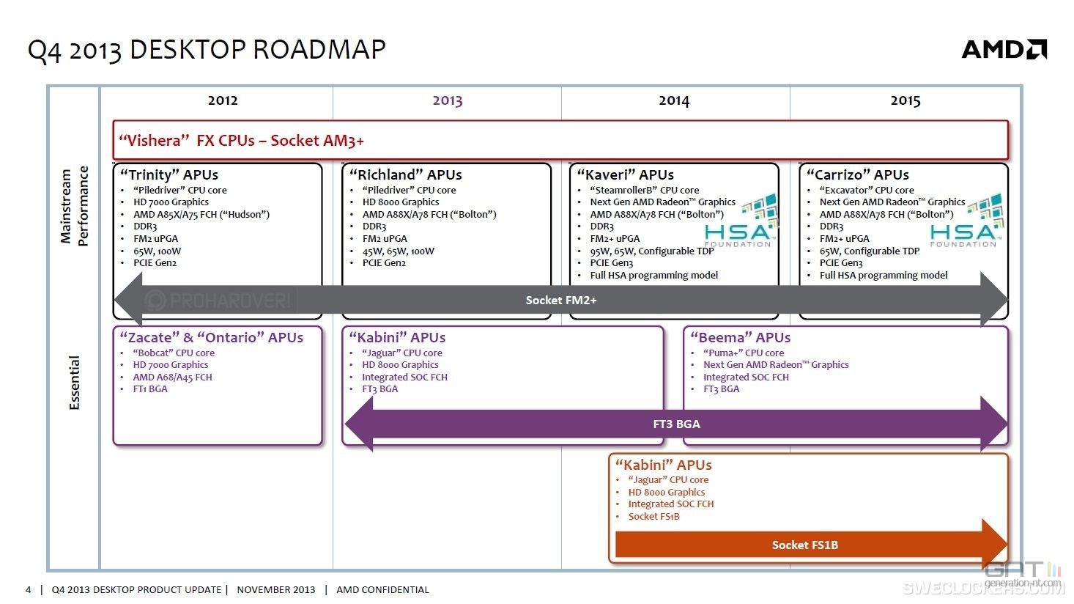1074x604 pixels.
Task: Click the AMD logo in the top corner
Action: tap(1004, 49)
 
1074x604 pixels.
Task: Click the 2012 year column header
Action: tap(223, 100)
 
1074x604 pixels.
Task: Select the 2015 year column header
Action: tap(906, 100)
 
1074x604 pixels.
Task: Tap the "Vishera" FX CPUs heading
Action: tap(241, 141)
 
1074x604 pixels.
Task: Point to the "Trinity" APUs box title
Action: tap(168, 174)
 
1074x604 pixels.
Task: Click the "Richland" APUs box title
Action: tap(405, 174)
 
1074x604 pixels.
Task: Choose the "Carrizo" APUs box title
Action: tap(857, 174)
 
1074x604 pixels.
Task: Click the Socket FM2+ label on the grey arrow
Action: tap(561, 301)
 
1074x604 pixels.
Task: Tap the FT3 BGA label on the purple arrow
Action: tap(676, 424)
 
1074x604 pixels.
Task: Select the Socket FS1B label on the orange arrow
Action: tap(805, 545)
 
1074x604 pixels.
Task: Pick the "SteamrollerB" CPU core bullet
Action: tap(645, 190)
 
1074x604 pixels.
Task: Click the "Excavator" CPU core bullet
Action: tap(867, 190)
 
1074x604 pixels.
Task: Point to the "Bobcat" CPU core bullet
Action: tap(174, 353)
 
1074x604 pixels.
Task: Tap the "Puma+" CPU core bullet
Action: tap(744, 353)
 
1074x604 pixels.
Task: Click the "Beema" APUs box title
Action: tap(740, 338)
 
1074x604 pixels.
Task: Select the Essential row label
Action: tap(74, 383)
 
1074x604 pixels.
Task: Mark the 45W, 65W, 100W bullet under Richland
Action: tap(398, 251)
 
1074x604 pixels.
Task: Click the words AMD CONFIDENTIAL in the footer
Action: tap(382, 589)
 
